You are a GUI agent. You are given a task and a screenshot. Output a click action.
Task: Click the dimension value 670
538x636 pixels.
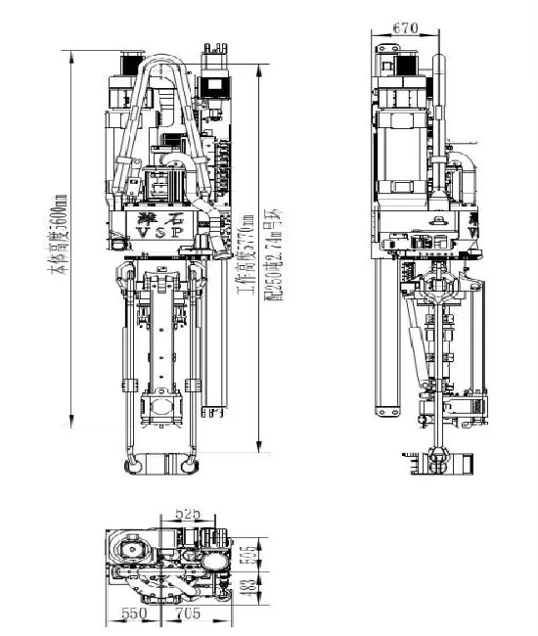[x=402, y=27]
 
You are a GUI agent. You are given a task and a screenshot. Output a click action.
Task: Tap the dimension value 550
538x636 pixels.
[x=133, y=613]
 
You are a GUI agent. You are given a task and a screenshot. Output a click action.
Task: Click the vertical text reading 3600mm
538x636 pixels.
[x=61, y=234]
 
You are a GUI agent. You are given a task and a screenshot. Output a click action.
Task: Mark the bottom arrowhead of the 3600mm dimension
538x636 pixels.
[x=71, y=451]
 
